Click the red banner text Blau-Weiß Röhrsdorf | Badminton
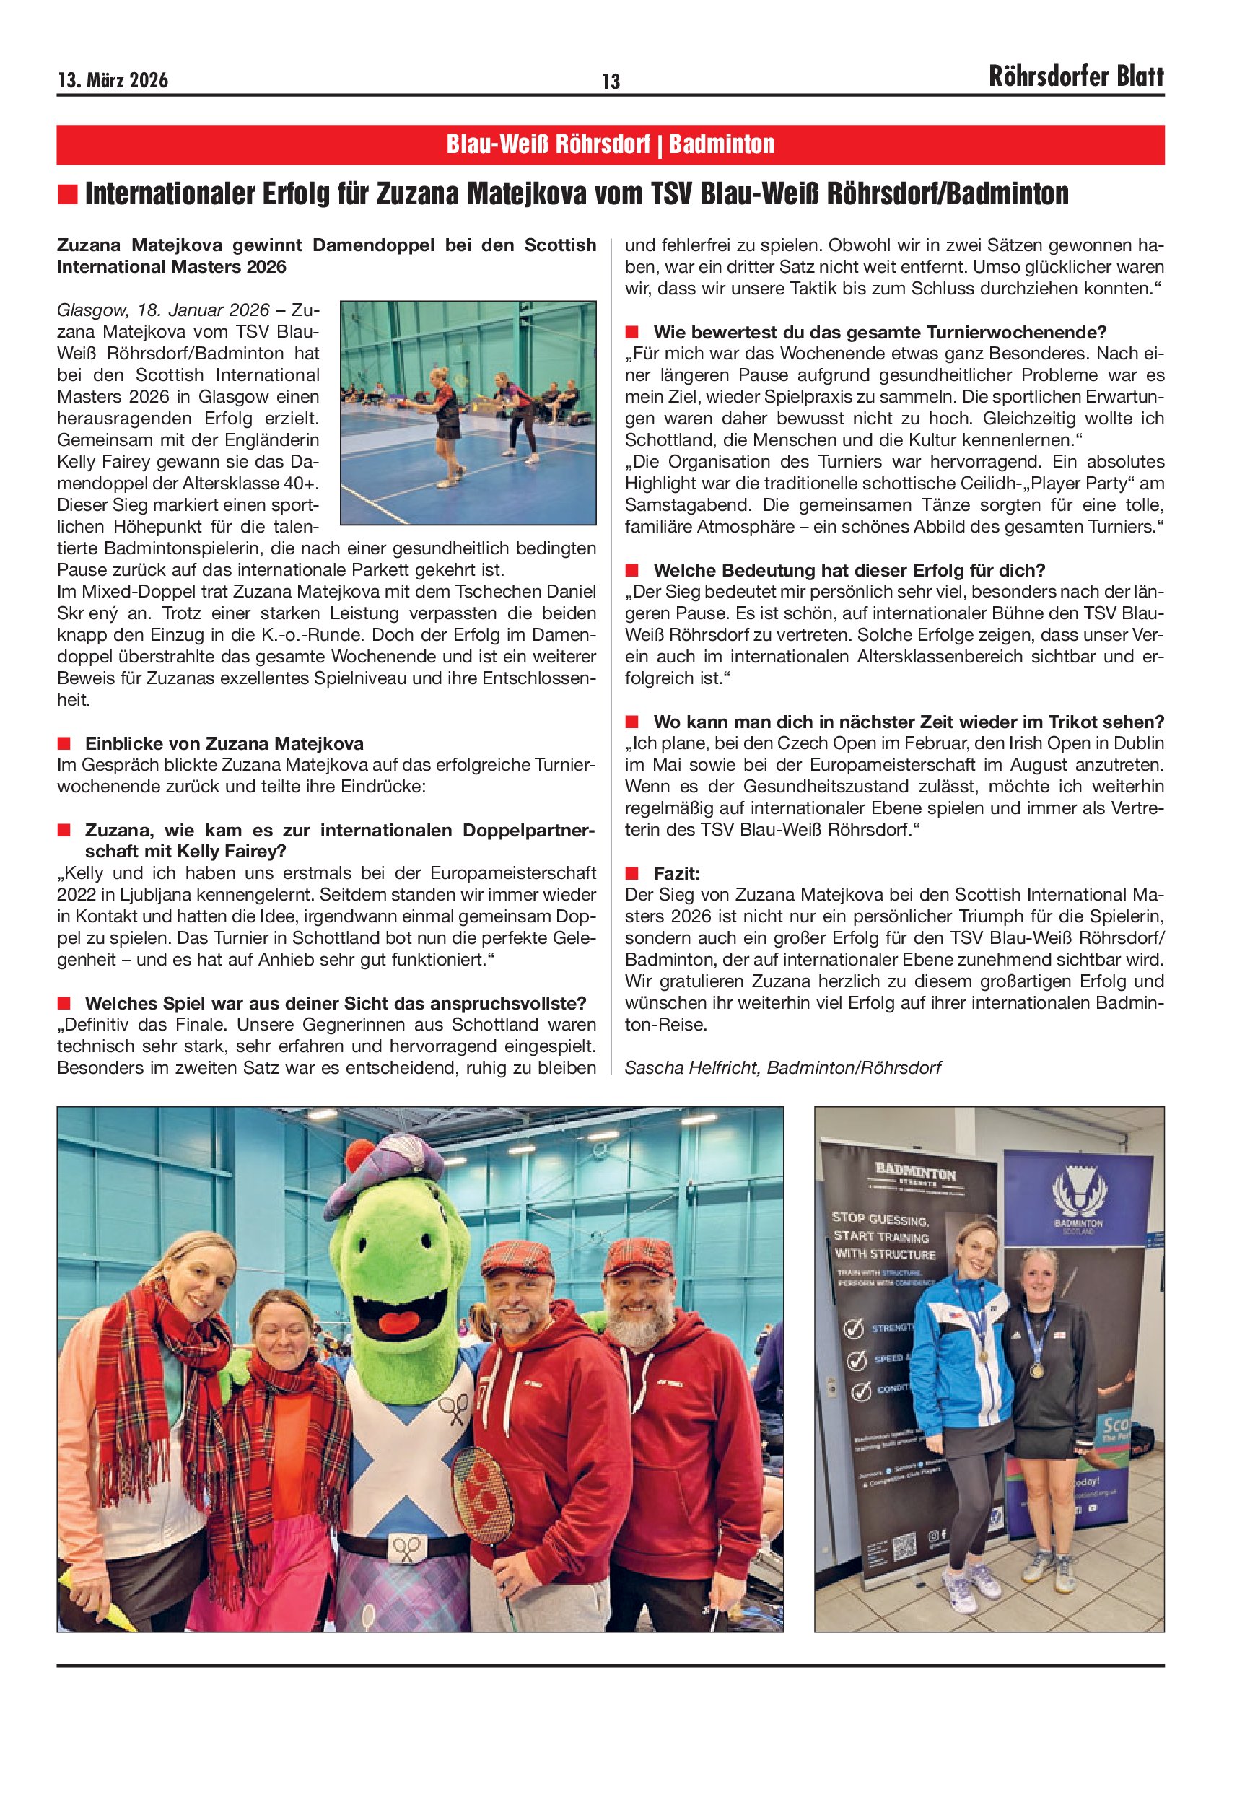point(610,144)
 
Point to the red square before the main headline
point(68,193)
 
